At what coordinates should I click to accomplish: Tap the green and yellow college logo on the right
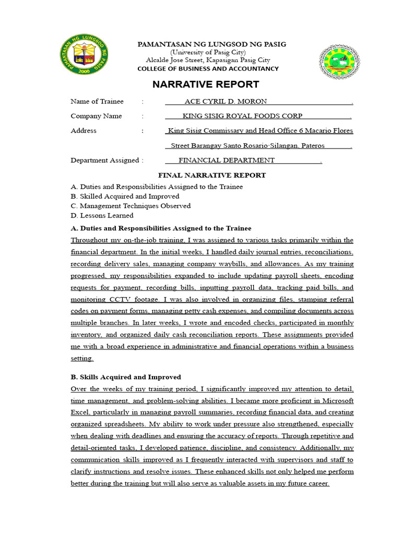[339, 61]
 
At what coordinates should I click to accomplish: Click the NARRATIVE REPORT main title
[205, 84]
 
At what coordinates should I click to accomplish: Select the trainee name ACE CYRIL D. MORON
[226, 101]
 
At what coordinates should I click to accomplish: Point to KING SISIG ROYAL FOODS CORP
[242, 116]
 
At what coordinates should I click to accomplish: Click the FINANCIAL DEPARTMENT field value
[227, 161]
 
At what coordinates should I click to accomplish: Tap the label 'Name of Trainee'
[97, 101]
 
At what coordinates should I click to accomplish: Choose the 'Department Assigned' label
[104, 161]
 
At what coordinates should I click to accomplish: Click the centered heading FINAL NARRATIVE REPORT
[212, 175]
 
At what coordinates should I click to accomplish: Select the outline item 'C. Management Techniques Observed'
[131, 206]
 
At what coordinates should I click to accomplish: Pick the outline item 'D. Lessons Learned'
[102, 215]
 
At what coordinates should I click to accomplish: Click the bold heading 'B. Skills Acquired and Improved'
[126, 377]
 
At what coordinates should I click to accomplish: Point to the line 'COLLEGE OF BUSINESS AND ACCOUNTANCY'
[208, 69]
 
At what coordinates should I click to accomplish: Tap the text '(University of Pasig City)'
[208, 53]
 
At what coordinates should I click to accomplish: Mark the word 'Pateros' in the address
[312, 146]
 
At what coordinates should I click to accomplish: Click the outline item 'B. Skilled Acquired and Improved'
[125, 197]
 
